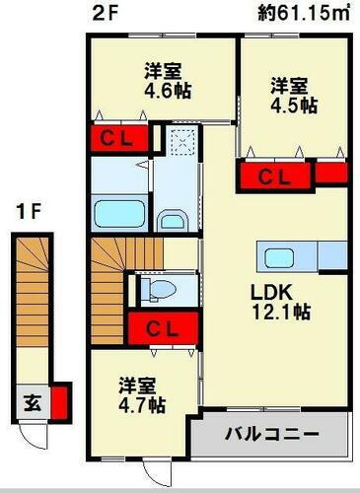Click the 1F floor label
coord(27,210)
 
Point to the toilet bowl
coord(157,289)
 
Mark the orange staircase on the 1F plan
coord(32,307)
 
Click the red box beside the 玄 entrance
coord(59,402)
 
